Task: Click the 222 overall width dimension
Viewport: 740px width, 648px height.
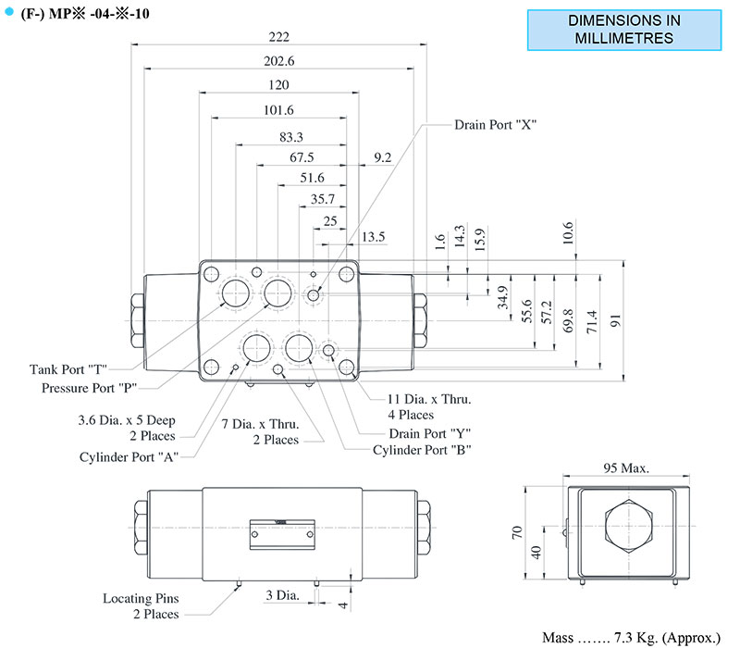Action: pos(278,37)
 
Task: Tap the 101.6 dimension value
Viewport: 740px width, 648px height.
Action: pos(278,109)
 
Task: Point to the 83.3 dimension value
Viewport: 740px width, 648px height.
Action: pos(291,137)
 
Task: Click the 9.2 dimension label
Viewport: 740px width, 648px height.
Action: pos(383,158)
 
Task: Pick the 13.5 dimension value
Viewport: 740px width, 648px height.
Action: pos(374,237)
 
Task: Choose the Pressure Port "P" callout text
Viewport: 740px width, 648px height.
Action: pos(89,387)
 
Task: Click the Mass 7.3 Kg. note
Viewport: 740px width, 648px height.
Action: pos(631,638)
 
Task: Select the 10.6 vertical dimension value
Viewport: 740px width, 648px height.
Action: pos(567,231)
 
